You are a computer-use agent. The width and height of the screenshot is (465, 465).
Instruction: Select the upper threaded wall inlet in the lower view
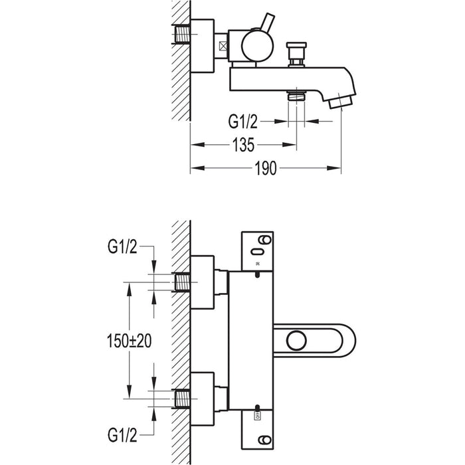[181, 284]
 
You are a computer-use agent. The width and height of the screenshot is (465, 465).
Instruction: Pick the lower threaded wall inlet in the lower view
[181, 399]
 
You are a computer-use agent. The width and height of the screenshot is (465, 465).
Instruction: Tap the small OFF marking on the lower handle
[258, 415]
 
